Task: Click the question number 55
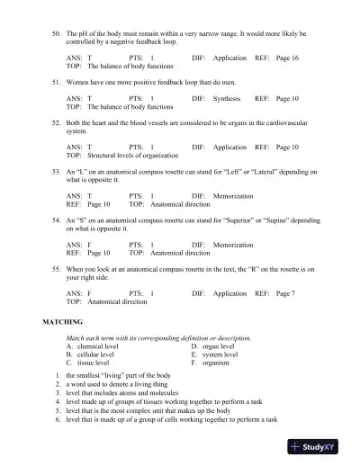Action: coord(57,269)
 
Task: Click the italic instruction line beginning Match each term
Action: coord(158,337)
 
